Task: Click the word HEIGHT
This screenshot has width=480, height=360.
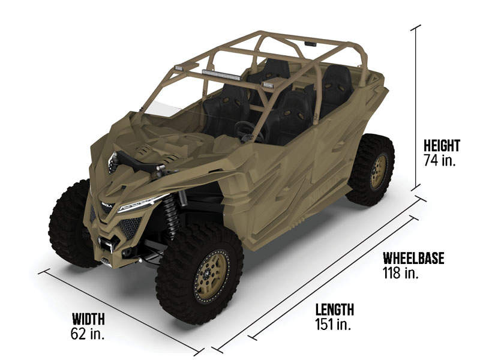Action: click(442, 145)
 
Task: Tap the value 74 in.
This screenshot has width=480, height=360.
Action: click(440, 160)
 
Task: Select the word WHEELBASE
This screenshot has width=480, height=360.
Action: click(413, 258)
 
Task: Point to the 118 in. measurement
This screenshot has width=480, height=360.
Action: click(400, 272)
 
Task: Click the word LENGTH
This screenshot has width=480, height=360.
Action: click(335, 310)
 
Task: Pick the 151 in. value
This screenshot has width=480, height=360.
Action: click(333, 324)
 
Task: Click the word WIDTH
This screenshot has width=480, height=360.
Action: click(88, 319)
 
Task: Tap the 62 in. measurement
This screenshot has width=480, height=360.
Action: click(88, 334)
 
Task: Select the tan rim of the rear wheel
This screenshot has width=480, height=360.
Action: click(379, 171)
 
